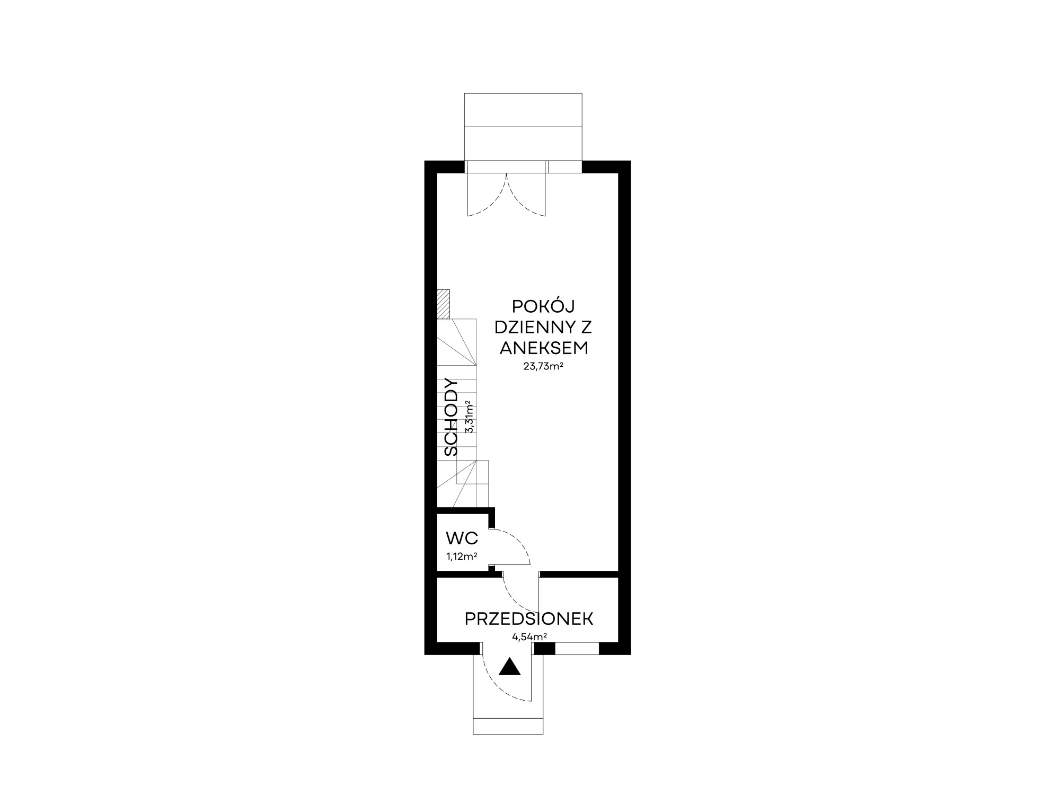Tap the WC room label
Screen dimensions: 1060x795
(x=462, y=539)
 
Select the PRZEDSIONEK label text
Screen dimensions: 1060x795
(x=529, y=619)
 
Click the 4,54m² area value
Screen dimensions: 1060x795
(x=529, y=637)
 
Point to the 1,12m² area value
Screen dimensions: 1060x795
(x=462, y=556)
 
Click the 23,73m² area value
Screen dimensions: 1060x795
(x=543, y=366)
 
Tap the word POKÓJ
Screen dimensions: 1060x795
(x=543, y=306)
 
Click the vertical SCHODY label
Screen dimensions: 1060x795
(x=451, y=417)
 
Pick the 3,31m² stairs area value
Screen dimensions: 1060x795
(x=469, y=417)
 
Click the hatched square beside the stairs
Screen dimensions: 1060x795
(x=443, y=304)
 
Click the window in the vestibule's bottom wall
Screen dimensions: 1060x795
(x=577, y=648)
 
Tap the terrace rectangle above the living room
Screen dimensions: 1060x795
(x=523, y=127)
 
